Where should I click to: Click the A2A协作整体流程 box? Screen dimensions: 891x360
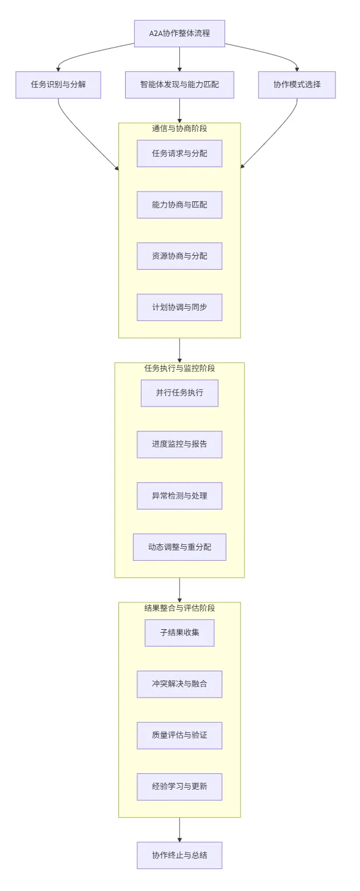click(x=179, y=34)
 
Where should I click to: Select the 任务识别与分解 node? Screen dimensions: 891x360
click(x=58, y=85)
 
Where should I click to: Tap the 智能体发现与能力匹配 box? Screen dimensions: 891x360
click(x=179, y=85)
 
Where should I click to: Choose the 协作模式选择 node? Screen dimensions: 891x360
click(x=297, y=85)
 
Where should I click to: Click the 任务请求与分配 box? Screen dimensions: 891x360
click(x=179, y=154)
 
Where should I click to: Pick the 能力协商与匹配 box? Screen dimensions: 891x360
click(x=179, y=205)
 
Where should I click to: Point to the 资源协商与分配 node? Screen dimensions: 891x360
click(x=179, y=256)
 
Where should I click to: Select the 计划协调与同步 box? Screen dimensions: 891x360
click(x=179, y=308)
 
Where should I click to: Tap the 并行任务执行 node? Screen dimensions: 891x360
click(x=179, y=393)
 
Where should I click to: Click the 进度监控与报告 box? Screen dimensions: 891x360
click(x=179, y=444)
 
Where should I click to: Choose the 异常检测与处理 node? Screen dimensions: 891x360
click(x=179, y=496)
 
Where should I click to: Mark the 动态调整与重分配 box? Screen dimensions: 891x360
click(x=179, y=547)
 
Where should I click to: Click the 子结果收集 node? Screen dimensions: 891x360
click(x=179, y=633)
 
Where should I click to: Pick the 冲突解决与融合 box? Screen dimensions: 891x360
click(x=179, y=684)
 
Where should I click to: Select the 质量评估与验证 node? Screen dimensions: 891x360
click(x=179, y=735)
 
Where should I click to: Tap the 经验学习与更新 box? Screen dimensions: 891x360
click(x=179, y=787)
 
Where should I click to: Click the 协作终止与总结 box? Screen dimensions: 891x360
click(x=179, y=855)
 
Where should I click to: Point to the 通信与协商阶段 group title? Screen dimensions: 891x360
click(x=179, y=128)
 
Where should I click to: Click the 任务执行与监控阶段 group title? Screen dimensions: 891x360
click(x=179, y=368)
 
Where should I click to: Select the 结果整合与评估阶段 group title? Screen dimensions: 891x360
click(x=179, y=608)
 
